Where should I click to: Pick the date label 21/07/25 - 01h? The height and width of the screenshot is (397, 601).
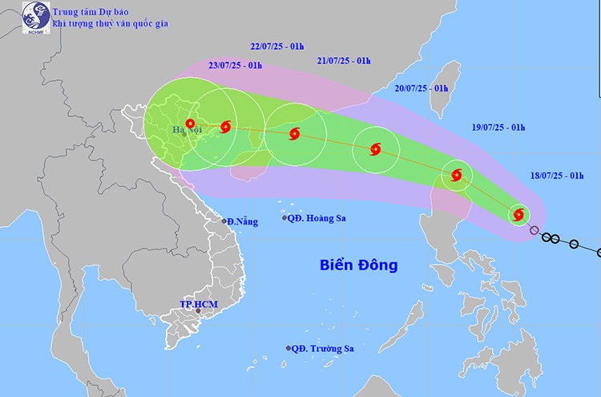pos(345,61)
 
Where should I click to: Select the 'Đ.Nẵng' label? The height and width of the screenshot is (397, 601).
pos(242,221)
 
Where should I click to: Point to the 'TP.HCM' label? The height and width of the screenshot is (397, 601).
pos(199,305)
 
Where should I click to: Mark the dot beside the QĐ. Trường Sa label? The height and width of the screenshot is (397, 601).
pos(287,348)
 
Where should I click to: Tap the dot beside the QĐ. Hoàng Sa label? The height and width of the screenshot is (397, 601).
pos(284,218)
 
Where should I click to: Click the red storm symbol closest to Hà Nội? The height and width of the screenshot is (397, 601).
pos(190,124)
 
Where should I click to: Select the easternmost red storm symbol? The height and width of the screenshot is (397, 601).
pos(518,214)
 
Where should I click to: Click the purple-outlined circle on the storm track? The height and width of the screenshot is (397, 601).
pos(534,231)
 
